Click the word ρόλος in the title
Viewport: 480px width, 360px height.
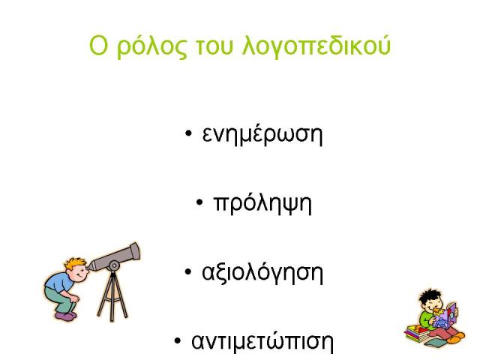pos(151,46)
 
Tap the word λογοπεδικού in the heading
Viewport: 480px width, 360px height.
pos(316,46)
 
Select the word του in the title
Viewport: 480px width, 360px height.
pos(214,47)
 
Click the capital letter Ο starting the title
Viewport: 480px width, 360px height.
pos(99,45)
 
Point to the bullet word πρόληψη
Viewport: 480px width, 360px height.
pos(262,202)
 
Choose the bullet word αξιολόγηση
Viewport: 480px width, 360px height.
pos(262,271)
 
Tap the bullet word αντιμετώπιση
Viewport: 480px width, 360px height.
pos(262,340)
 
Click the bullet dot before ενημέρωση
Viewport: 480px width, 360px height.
pos(188,133)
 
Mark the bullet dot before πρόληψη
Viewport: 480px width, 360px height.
pos(199,202)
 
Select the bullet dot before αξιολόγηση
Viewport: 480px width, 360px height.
pos(188,271)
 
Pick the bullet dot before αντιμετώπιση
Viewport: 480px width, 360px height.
pos(178,340)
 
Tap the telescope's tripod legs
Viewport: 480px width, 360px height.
pos(112,295)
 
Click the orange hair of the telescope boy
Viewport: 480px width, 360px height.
pos(75,263)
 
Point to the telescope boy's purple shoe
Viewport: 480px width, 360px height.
pos(65,316)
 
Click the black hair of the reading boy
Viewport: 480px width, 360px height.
pos(429,295)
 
